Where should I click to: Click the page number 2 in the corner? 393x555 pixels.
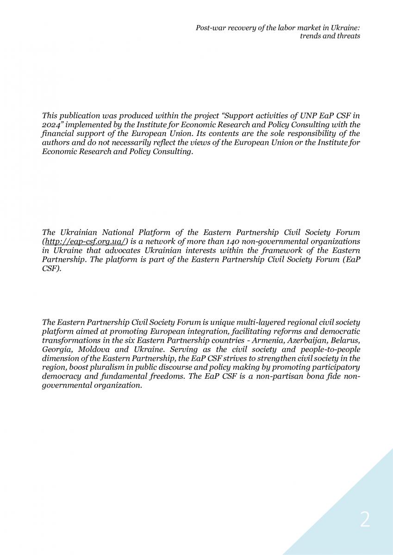click(x=365, y=520)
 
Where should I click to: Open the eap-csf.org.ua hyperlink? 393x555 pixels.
click(x=85, y=241)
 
